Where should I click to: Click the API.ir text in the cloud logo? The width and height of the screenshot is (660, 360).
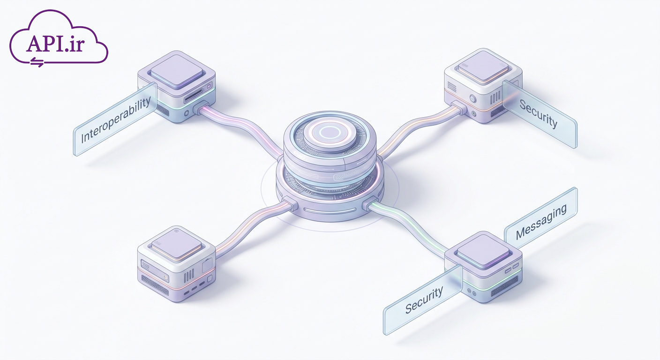tap(55, 44)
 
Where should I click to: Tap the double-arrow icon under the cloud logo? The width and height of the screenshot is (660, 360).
tap(37, 62)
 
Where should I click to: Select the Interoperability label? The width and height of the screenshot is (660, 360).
tap(115, 120)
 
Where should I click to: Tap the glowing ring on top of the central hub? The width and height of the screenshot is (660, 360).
tap(330, 132)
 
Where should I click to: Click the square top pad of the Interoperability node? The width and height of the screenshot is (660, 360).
tap(177, 71)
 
